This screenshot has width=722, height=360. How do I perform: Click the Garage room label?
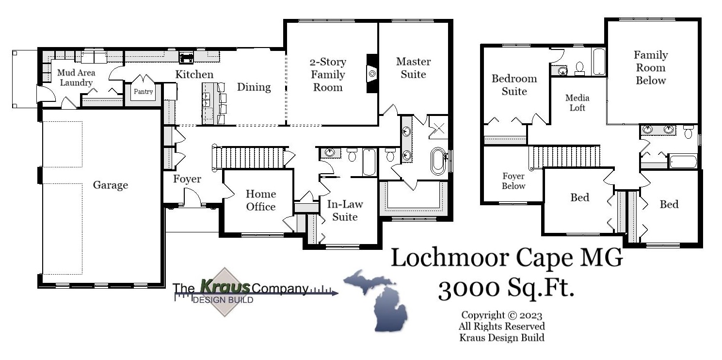[x=111, y=185]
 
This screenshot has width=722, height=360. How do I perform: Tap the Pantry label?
[x=143, y=91]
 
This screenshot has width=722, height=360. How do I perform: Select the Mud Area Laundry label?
[x=76, y=78]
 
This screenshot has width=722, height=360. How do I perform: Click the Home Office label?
[x=260, y=200]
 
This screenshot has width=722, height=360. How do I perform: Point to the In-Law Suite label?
[x=345, y=211]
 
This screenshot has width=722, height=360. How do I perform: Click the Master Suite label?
[x=413, y=68]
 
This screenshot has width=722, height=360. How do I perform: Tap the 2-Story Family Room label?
[x=328, y=75]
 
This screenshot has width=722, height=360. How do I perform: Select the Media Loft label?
[x=577, y=103]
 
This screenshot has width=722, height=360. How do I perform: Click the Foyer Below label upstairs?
[x=513, y=181]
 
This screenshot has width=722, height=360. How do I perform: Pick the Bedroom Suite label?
[x=514, y=85]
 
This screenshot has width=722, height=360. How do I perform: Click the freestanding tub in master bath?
[x=438, y=161]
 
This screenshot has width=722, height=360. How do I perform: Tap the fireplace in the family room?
[x=371, y=73]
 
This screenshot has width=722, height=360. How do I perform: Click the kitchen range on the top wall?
[x=186, y=57]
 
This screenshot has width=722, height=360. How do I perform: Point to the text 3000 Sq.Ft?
[x=506, y=290]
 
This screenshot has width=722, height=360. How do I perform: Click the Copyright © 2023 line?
[x=501, y=315]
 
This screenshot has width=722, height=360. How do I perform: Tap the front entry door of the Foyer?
[x=192, y=198]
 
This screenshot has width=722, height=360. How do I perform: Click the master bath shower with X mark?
[x=438, y=128]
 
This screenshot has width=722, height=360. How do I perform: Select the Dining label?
[x=254, y=87]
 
